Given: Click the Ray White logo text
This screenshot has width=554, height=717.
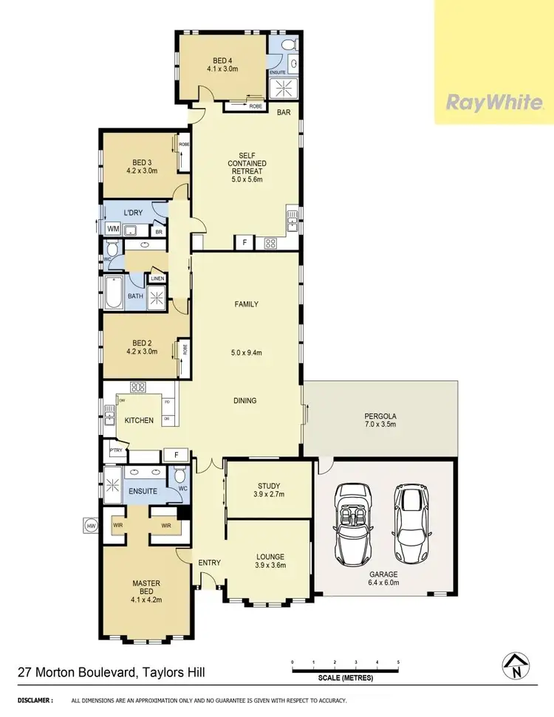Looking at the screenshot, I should pyautogui.click(x=493, y=102).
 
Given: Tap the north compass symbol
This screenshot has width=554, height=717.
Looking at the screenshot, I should pyautogui.click(x=515, y=668).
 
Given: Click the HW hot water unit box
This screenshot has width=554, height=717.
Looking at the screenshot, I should pyautogui.click(x=92, y=526).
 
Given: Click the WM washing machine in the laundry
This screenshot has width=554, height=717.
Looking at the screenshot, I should pyautogui.click(x=113, y=230).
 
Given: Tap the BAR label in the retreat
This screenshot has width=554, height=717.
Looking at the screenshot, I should pyautogui.click(x=284, y=113).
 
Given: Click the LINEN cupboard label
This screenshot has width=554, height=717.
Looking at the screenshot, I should pyautogui.click(x=158, y=278).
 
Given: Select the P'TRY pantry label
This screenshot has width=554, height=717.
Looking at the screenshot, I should pyautogui.click(x=115, y=451).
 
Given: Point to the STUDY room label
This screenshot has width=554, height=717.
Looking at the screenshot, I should pyautogui.click(x=267, y=485).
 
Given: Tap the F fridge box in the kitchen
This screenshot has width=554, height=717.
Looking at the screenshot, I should pyautogui.click(x=176, y=455).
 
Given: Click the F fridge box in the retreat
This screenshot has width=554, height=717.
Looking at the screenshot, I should pyautogui.click(x=243, y=241).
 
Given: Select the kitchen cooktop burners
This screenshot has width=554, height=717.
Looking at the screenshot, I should pyautogui.click(x=137, y=387).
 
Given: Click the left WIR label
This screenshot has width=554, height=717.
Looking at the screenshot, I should pyautogui.click(x=117, y=525).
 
